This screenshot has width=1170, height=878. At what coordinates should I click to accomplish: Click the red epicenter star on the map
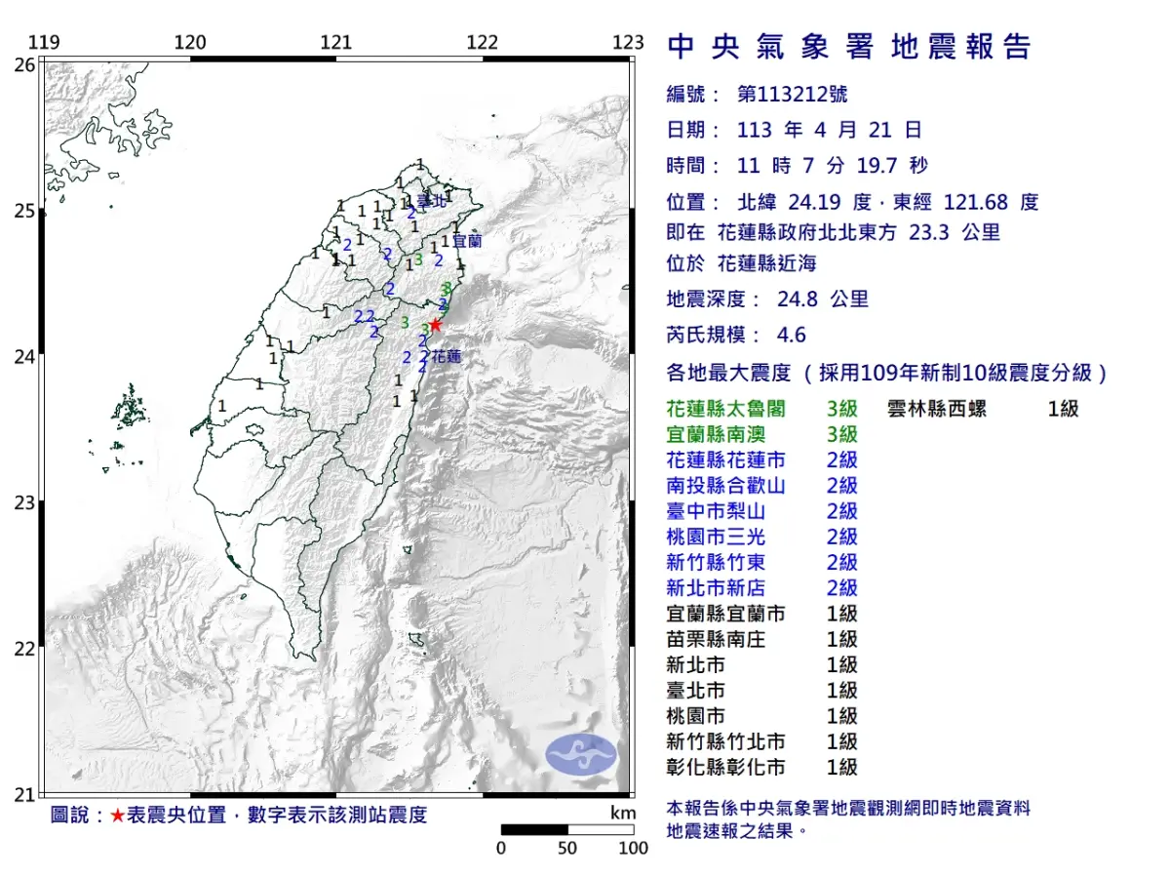pos(436,325)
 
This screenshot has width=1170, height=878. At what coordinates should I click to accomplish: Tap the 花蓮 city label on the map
pos(446,357)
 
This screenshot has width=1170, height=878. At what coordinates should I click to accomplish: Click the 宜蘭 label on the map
pos(467,238)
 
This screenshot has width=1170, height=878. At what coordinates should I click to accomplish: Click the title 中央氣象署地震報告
pos(848,47)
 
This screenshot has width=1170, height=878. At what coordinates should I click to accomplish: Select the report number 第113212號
pos(792,95)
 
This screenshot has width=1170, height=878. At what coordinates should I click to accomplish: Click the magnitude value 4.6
pos(791,335)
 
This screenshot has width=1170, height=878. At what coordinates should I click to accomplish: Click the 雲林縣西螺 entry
pos(943,409)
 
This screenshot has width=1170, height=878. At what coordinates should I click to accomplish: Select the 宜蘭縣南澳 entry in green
pos(713,434)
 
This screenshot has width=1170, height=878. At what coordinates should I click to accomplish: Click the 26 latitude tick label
pos(23,64)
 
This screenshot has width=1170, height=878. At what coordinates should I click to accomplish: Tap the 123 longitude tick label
pos(628,42)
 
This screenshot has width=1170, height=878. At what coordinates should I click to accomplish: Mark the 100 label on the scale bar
pos(633,848)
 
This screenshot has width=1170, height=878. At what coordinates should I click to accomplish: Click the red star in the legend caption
pos(117,815)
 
